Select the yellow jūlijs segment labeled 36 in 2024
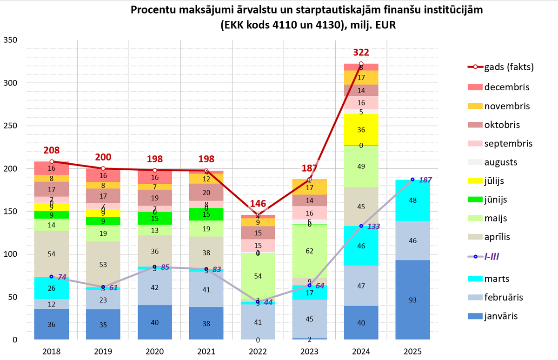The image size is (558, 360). click(x=361, y=130)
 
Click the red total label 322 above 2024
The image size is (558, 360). click(x=361, y=52)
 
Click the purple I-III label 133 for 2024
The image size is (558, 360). click(x=374, y=226)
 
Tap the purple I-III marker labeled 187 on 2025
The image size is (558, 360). click(x=412, y=180)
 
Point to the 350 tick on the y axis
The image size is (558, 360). click(x=11, y=40)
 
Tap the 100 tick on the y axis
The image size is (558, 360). click(x=11, y=254)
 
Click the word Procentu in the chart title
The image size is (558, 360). click(x=153, y=10)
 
